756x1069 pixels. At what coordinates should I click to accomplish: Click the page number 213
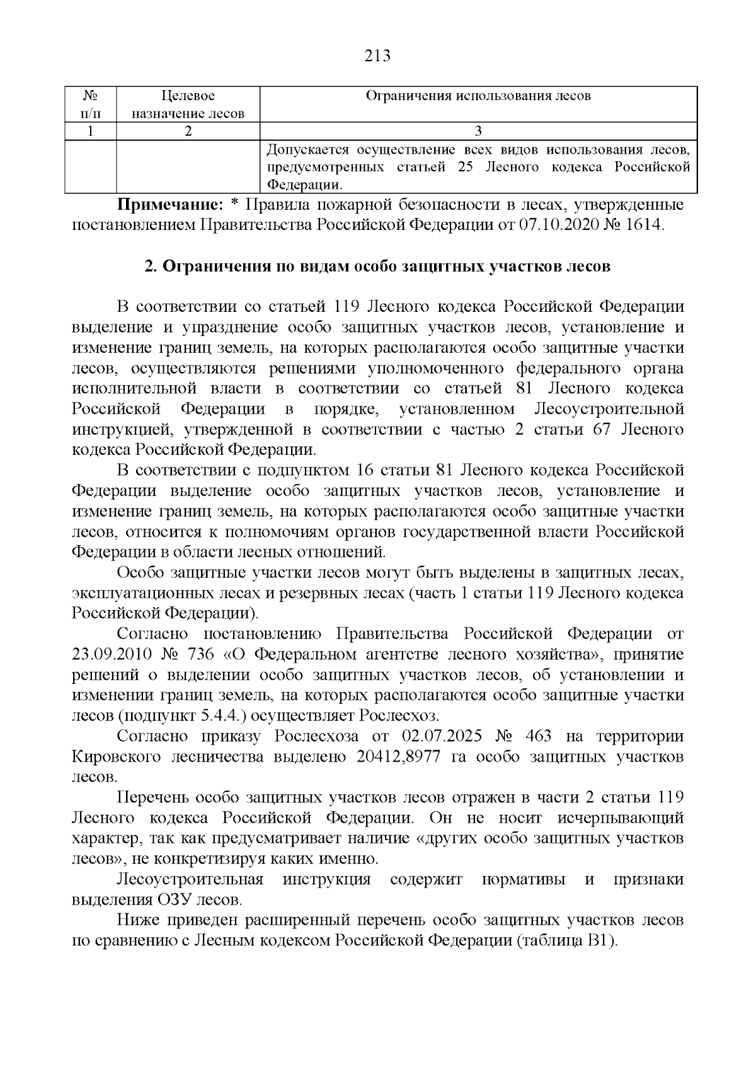(x=378, y=56)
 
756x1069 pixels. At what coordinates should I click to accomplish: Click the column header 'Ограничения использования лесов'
(x=478, y=96)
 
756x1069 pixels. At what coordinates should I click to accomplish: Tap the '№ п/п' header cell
(x=91, y=105)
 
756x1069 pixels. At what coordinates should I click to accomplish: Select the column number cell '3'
(x=478, y=131)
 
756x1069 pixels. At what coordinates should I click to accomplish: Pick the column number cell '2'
(x=188, y=131)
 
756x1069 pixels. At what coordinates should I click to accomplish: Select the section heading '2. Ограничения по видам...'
(x=377, y=266)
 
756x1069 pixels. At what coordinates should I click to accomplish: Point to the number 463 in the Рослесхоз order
(x=537, y=736)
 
